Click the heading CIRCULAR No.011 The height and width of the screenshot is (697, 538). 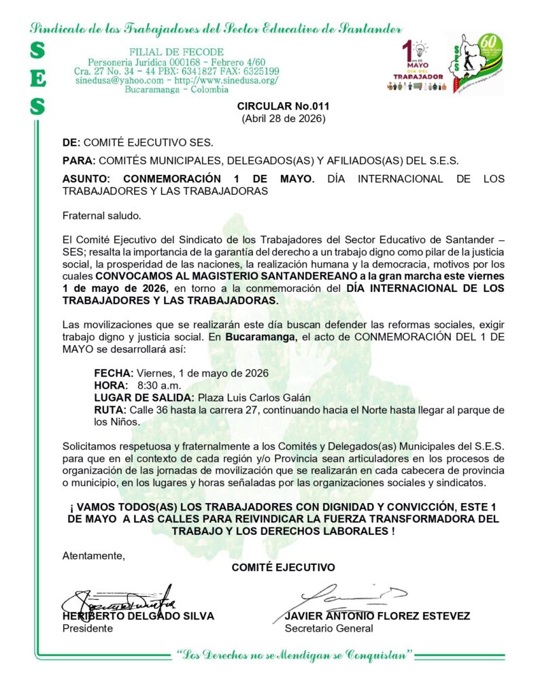[x=283, y=107]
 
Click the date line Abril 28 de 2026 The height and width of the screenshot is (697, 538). [x=283, y=118]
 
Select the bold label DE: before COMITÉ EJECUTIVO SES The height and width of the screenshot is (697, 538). [x=71, y=142]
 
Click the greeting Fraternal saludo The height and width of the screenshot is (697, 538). [x=101, y=216]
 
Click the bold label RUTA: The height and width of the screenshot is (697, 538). [x=110, y=410]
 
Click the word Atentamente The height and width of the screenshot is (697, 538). [x=93, y=555]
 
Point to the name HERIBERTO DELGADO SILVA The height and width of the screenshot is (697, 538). [x=138, y=616]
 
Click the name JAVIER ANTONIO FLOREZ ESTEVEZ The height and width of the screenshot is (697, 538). [x=377, y=616]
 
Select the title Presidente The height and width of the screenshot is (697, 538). [x=88, y=628]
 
